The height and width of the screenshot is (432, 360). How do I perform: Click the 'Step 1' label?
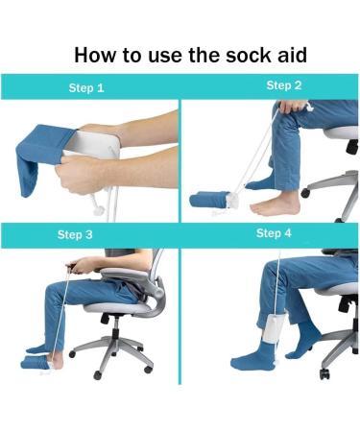(x=86, y=88)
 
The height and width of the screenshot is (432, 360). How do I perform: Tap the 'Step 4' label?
(x=275, y=233)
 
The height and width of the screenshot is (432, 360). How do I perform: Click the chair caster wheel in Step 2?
(x=306, y=191)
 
